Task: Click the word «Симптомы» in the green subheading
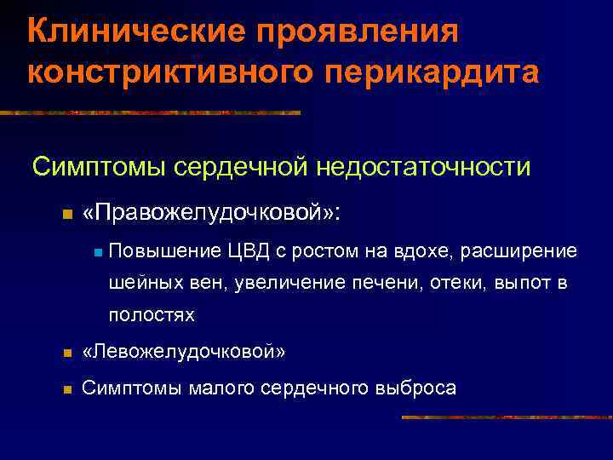point(100,166)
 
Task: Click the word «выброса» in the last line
point(415,388)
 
